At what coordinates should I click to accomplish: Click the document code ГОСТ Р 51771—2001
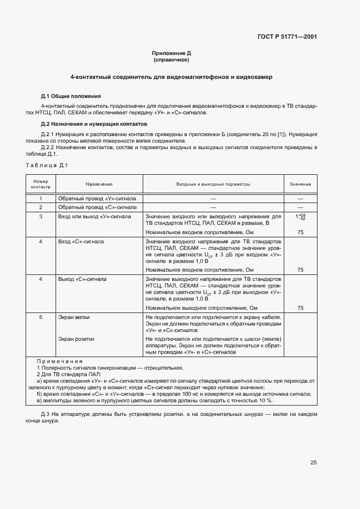coord(287,37)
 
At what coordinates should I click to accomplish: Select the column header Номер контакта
coord(41,184)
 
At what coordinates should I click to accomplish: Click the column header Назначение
coord(99,185)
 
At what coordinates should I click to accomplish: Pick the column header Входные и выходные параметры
coord(213,185)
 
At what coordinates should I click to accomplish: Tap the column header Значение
coord(300,185)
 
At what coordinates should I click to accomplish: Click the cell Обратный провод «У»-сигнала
coord(97,199)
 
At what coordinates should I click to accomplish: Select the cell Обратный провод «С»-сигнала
coord(97,207)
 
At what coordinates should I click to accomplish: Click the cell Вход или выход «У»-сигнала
coord(94,216)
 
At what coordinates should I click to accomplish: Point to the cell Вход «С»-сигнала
coord(81,241)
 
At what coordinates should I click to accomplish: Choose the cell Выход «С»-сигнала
coord(82,279)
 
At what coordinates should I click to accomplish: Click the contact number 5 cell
coord(41,317)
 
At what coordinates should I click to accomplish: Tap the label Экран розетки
coord(76,339)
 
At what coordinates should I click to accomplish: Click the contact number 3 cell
coord(41,216)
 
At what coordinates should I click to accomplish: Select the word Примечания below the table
coord(59,361)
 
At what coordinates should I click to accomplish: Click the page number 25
coord(314,463)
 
